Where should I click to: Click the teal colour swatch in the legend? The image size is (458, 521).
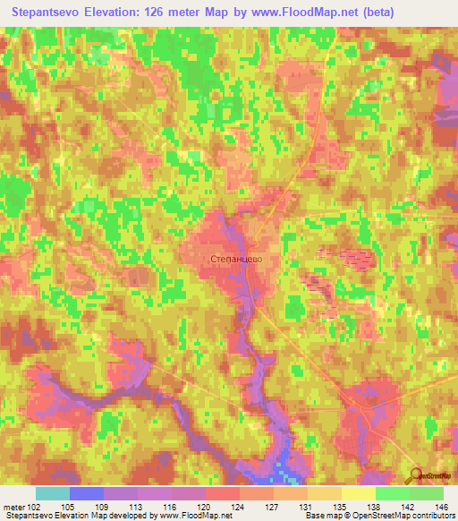click(x=52, y=493)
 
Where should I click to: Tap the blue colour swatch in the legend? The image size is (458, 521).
click(x=86, y=493)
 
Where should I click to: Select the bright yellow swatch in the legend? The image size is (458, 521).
click(x=358, y=493)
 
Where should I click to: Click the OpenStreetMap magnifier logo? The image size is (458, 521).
click(x=414, y=476)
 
